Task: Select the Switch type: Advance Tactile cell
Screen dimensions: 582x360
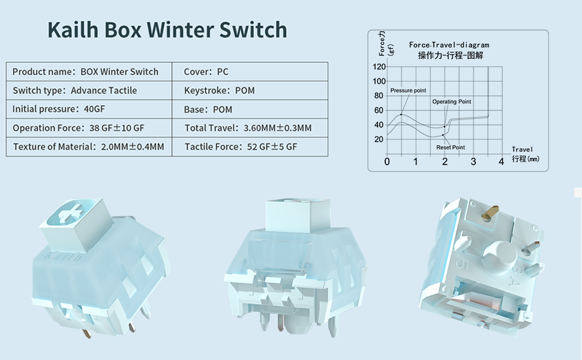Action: click(x=89, y=90)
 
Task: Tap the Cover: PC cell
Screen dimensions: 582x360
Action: click(x=250, y=71)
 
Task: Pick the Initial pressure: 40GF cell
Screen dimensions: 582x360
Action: click(x=89, y=109)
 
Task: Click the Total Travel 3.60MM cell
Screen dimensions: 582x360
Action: click(x=250, y=128)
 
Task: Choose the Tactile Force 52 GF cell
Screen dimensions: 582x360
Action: click(x=250, y=146)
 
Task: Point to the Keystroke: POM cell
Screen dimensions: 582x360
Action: click(x=250, y=90)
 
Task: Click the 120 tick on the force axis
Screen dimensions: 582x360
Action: click(x=379, y=67)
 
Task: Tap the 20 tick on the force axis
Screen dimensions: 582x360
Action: click(x=379, y=139)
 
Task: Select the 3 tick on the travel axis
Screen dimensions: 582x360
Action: click(x=473, y=161)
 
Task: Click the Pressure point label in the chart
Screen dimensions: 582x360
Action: click(x=408, y=91)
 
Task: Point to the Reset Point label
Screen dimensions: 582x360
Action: click(x=451, y=148)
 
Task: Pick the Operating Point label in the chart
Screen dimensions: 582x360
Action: click(x=451, y=101)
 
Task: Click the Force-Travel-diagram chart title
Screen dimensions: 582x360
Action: click(x=449, y=45)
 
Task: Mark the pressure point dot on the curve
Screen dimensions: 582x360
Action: click(x=401, y=115)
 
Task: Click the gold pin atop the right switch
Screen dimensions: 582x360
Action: click(x=490, y=212)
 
